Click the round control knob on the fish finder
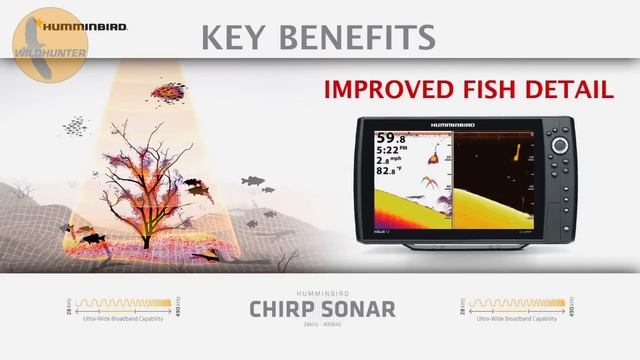560,145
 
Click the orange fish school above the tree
166,93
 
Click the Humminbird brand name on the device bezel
455,124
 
